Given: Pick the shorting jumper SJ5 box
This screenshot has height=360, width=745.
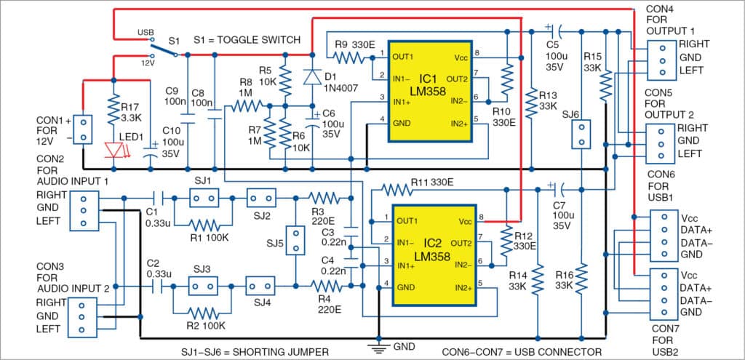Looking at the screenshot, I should coord(295,241).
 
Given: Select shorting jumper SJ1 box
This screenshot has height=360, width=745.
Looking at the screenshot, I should coord(204,197).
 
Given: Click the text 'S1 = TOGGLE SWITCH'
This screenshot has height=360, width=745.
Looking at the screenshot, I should coord(247,39).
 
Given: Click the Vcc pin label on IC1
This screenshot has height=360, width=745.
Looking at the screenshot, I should coord(461,56).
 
